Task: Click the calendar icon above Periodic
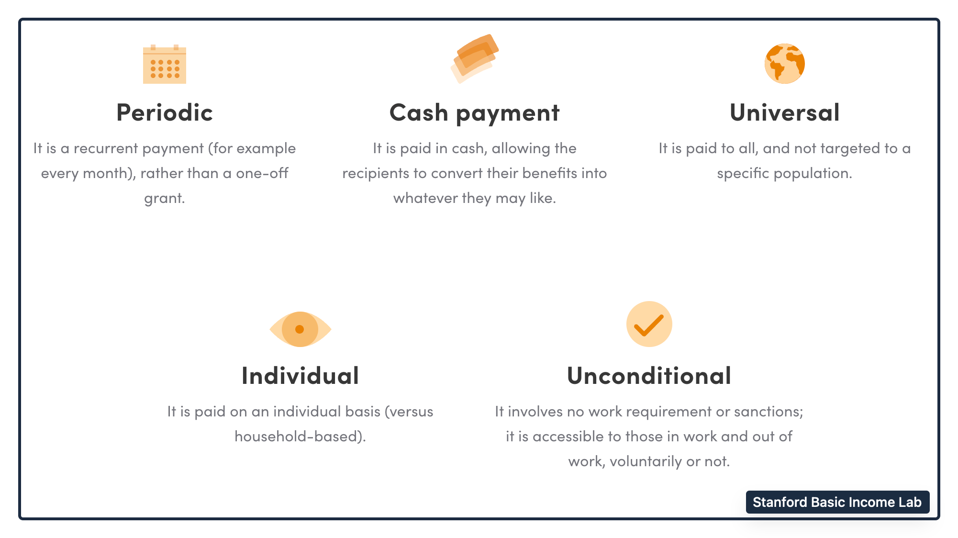pyautogui.click(x=165, y=64)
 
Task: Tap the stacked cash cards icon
pyautogui.click(x=474, y=58)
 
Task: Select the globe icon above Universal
pyautogui.click(x=785, y=64)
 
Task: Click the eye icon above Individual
pyautogui.click(x=300, y=329)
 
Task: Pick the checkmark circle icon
pyautogui.click(x=649, y=324)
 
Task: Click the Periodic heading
pyautogui.click(x=165, y=113)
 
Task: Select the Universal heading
pyautogui.click(x=785, y=113)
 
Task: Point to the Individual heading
pyautogui.click(x=300, y=376)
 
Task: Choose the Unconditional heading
pyautogui.click(x=649, y=376)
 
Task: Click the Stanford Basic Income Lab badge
pyautogui.click(x=837, y=502)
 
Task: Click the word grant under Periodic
pyautogui.click(x=165, y=199)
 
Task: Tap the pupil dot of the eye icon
pyautogui.click(x=300, y=329)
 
